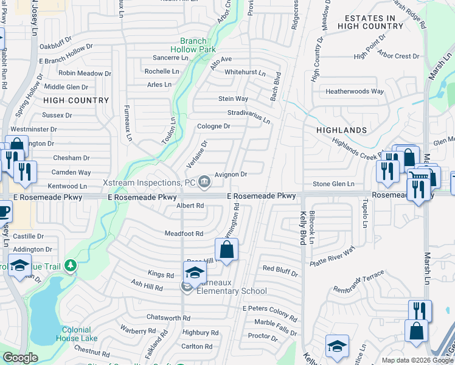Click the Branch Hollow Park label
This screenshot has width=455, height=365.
pos(193,46)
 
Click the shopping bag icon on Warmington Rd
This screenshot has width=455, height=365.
pos(226,249)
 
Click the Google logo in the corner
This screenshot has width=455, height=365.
pos(20,358)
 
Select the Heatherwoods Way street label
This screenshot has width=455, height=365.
pos(355,91)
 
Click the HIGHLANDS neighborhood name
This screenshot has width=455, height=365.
pos(341,130)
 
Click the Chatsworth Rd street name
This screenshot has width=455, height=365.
pos(168,318)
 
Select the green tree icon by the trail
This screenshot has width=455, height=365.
pos(71,265)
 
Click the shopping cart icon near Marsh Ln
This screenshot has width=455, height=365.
pos(417,177)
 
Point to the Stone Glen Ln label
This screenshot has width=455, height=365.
pos(333,184)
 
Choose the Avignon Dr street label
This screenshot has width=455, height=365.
pos(231,174)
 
